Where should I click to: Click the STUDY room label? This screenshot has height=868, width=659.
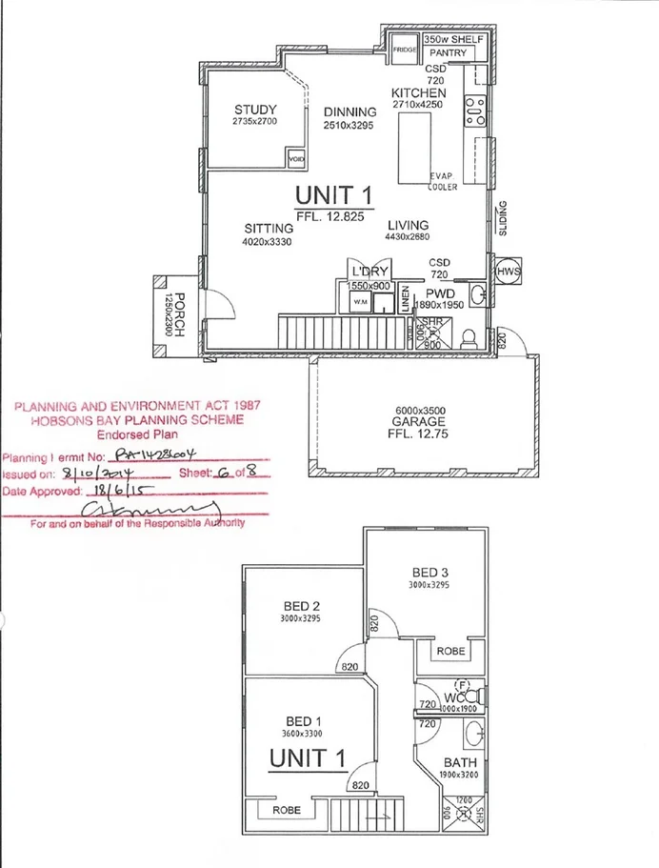point(255,110)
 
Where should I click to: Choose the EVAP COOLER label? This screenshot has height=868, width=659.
point(443,182)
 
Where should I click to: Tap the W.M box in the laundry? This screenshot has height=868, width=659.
point(360,303)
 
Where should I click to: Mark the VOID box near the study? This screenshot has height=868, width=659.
point(296,159)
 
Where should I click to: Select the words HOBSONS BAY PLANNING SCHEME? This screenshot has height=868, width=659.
point(134,419)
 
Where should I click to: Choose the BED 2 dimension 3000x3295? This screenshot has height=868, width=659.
point(301,619)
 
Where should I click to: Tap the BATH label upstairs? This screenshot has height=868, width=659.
point(458,763)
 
